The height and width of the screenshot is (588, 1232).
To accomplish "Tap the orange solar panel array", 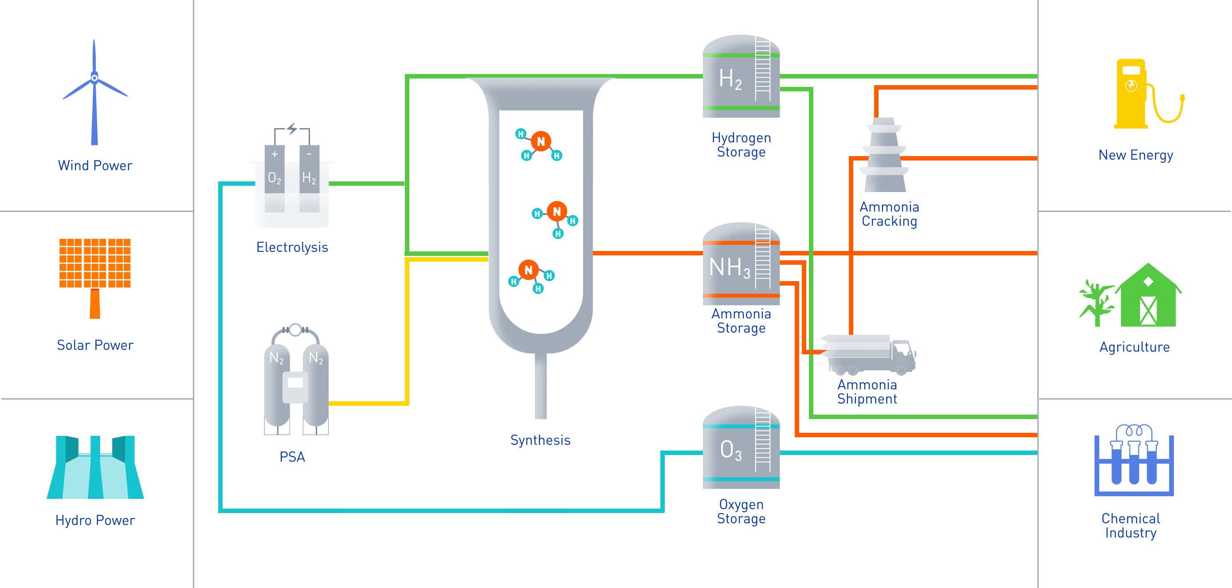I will [95, 263].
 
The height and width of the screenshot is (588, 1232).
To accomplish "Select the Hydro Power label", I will [95, 520].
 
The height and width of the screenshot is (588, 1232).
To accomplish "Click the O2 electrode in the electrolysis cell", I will [275, 177].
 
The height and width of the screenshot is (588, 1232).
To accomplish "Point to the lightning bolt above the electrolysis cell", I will [292, 129].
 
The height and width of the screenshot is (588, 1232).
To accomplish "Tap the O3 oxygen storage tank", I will [740, 449].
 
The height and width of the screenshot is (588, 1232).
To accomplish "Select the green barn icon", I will [1148, 299].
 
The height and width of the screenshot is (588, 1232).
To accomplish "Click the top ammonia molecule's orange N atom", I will [541, 141].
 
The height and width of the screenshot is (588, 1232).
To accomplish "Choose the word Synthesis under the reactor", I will [541, 440].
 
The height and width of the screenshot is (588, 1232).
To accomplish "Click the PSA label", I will [292, 457].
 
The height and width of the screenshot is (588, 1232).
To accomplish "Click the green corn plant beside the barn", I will [1096, 304].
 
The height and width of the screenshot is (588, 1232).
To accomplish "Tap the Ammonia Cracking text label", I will [889, 214].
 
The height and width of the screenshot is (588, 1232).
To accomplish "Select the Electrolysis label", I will [292, 247].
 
